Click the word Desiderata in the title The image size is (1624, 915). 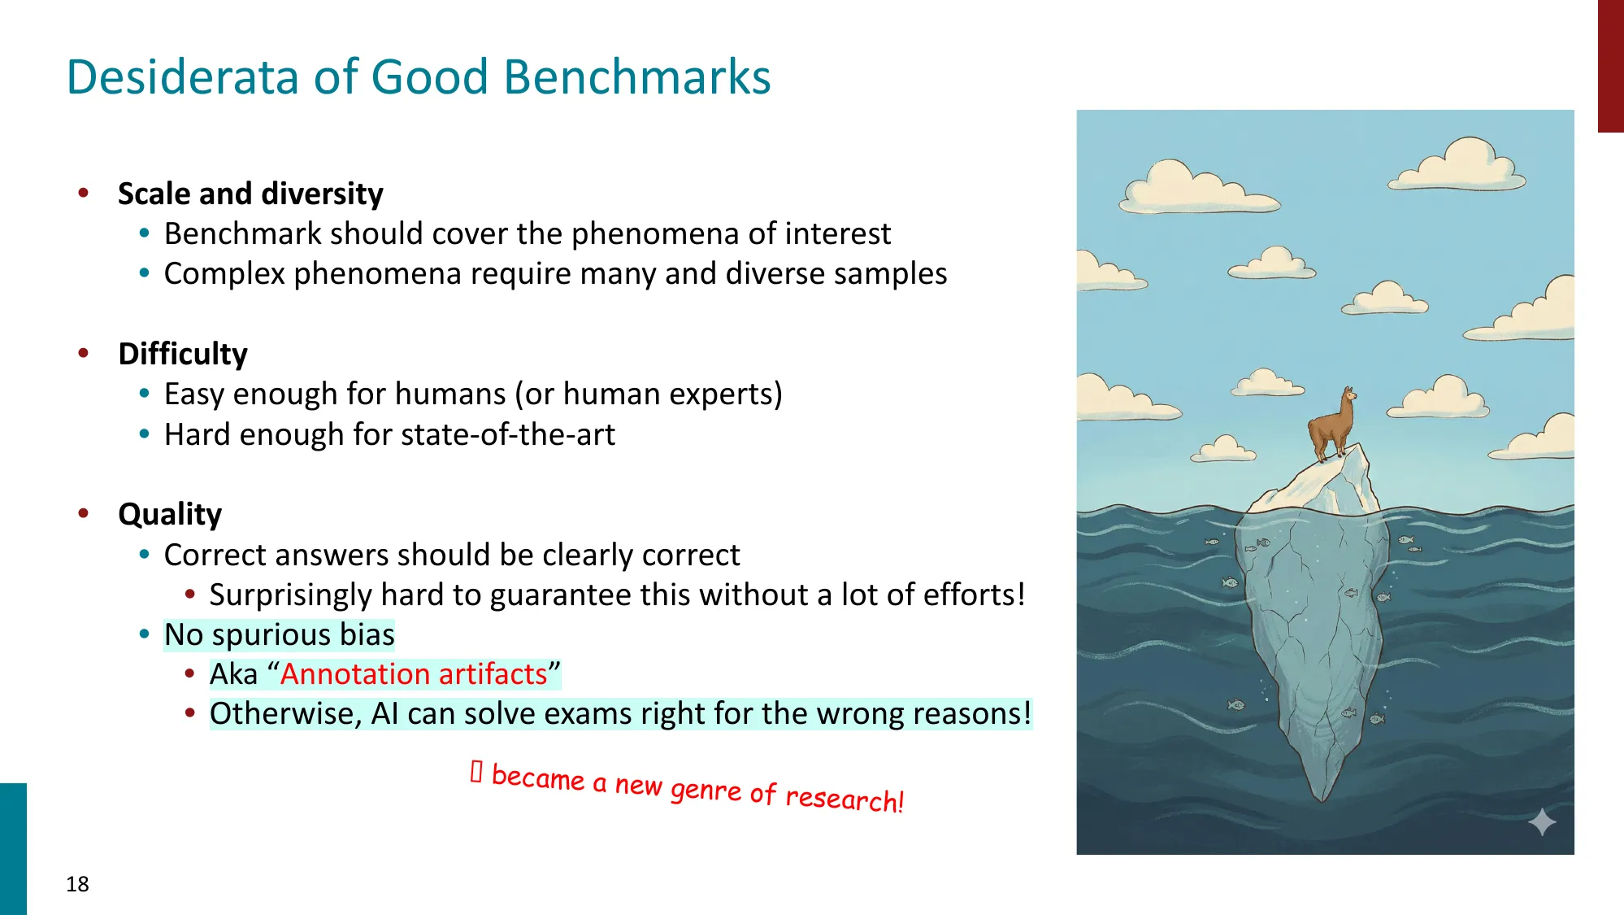tap(184, 77)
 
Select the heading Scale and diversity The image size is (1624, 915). tap(250, 194)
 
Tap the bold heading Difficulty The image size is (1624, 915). tap(183, 354)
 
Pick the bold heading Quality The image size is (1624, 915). tap(170, 514)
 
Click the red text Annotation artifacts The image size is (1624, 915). tap(414, 674)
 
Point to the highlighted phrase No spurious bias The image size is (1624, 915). tap(279, 634)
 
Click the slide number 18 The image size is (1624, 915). tap(77, 884)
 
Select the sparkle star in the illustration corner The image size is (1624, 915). tap(1542, 822)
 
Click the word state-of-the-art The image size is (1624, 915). tap(506, 434)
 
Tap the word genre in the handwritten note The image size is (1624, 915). tap(706, 789)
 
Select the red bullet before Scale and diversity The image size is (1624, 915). tap(83, 193)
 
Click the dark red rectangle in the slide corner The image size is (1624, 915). tap(1610, 65)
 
